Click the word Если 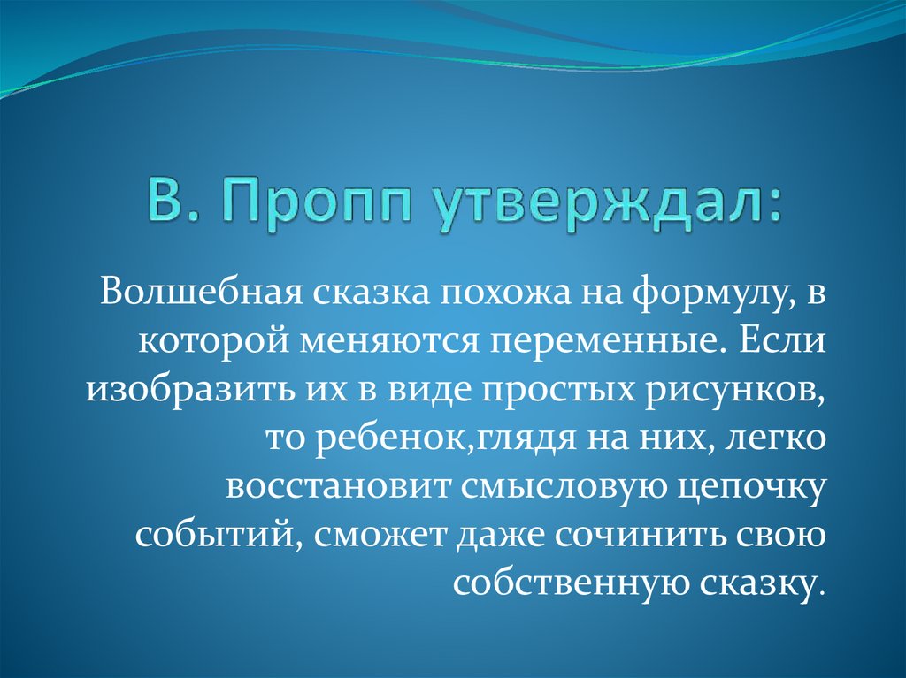(x=779, y=341)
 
